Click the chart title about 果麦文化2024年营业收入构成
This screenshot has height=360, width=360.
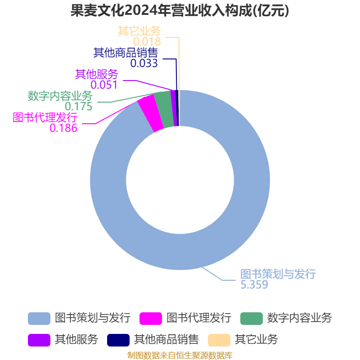tap(180, 10)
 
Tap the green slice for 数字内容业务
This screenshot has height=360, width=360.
tap(164, 109)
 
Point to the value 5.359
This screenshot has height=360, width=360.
tap(254, 285)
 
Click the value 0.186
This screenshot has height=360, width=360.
tap(63, 128)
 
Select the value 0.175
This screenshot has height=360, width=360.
tap(78, 106)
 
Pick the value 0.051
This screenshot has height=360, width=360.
tap(104, 85)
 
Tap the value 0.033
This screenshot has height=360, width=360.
tap(144, 63)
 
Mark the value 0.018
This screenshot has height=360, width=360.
tap(147, 41)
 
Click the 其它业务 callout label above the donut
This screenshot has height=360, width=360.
tap(139, 31)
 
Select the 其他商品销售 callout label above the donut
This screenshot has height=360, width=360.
tap(126, 53)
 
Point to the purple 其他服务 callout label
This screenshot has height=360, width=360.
tap(96, 74)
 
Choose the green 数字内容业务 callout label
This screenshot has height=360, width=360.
tap(60, 96)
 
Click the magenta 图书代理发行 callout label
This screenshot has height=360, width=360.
tap(45, 117)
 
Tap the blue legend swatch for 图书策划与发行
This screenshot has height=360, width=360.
tap(39, 319)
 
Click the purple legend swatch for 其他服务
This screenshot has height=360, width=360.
tap(39, 340)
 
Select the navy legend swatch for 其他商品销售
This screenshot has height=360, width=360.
tap(118, 340)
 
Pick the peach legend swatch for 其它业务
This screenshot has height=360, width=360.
tap(219, 340)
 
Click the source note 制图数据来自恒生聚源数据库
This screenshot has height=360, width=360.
tap(180, 355)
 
